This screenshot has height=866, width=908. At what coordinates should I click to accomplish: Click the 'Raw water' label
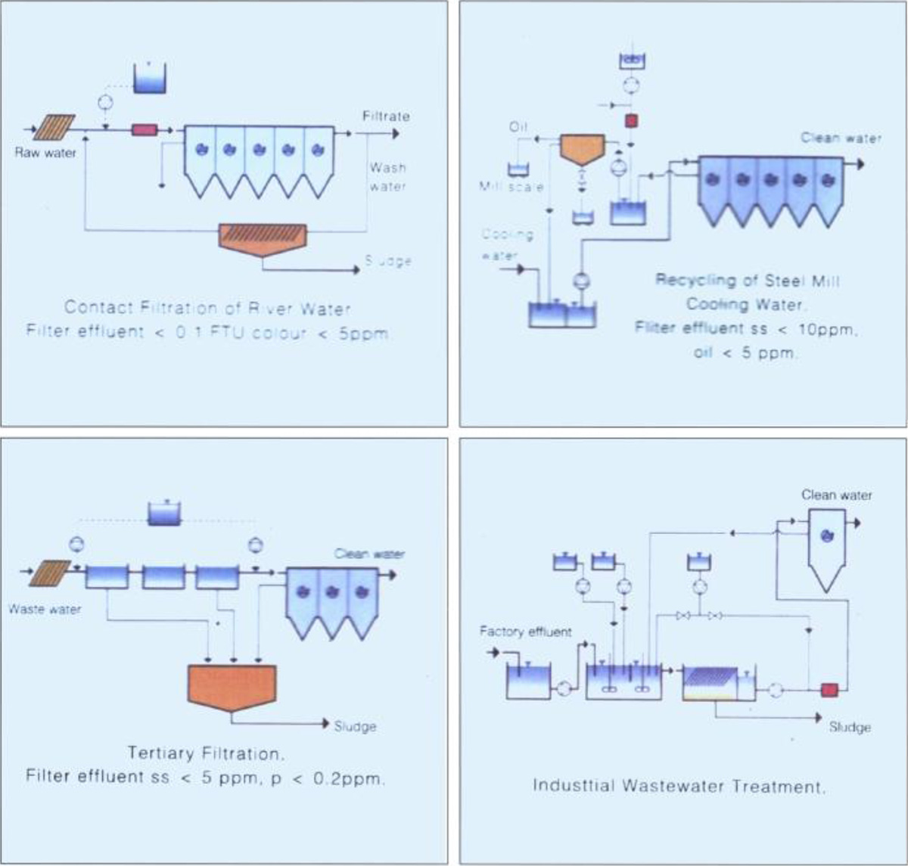[x=45, y=153]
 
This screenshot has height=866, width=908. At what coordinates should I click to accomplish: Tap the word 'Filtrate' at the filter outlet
[x=386, y=116]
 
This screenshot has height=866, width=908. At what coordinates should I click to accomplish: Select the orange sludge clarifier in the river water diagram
[x=262, y=238]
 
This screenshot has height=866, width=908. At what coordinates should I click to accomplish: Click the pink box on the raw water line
[x=144, y=130]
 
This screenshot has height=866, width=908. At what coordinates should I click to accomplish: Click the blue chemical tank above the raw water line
[x=150, y=78]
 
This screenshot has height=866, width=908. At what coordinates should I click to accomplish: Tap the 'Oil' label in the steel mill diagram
[x=518, y=127]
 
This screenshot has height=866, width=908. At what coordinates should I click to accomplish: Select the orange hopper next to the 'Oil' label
[x=581, y=149]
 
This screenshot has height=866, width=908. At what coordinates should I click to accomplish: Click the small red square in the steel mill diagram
[x=630, y=120]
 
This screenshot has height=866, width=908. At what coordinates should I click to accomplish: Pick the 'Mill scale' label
[x=511, y=186]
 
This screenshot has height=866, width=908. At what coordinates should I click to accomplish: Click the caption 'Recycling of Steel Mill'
[x=747, y=281]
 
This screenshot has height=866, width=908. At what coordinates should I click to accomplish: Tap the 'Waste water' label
[x=45, y=609]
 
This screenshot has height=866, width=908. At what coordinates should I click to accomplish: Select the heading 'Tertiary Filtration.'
[x=205, y=753]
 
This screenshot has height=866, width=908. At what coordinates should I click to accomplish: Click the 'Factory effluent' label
[x=526, y=631]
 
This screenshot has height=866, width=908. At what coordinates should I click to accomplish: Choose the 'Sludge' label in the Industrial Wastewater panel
[x=850, y=727]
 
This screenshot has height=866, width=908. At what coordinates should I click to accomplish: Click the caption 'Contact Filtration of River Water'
[x=207, y=308]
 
